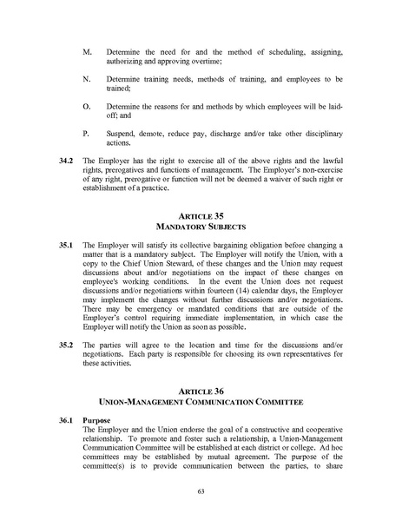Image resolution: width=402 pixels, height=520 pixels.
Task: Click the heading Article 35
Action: [x=201, y=216]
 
